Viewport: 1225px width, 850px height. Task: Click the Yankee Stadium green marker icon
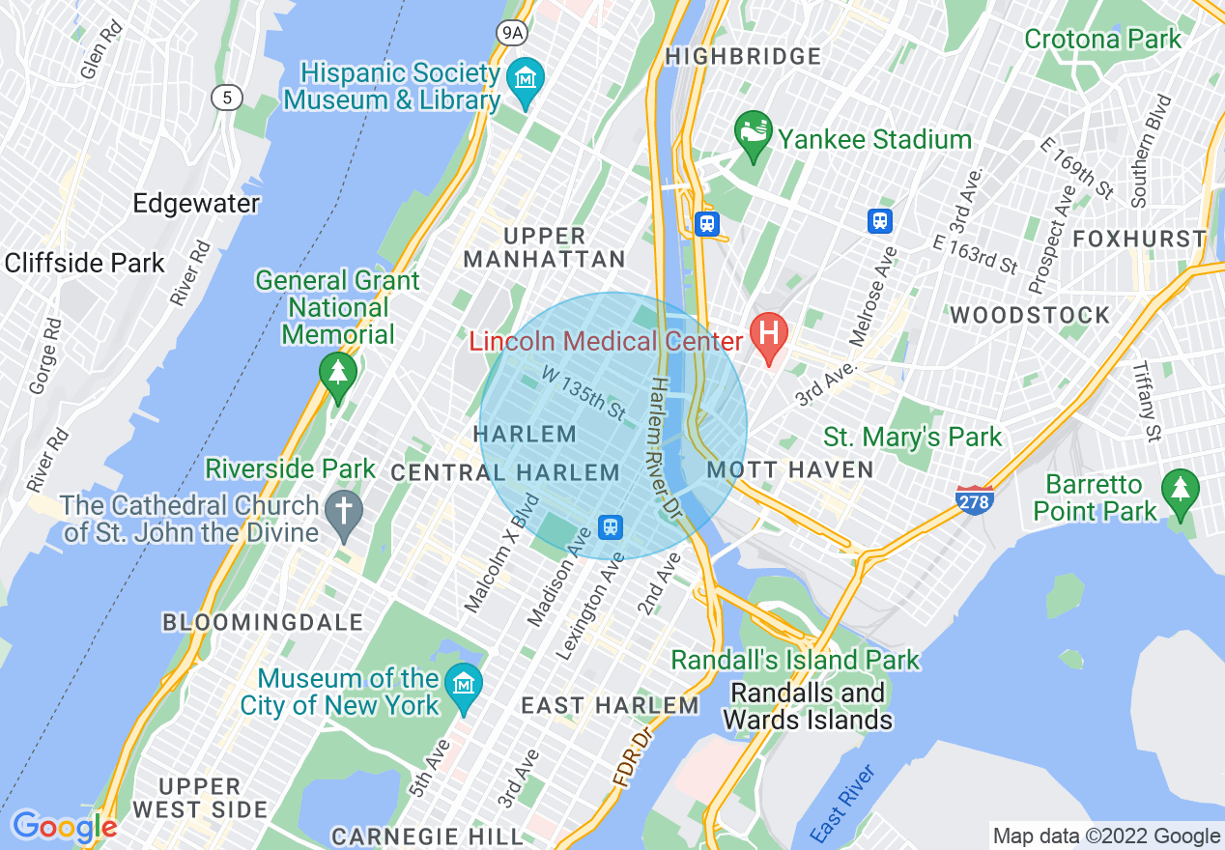point(753,132)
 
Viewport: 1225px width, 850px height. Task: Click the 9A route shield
point(512,33)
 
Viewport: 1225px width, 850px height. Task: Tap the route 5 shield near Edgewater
point(227,97)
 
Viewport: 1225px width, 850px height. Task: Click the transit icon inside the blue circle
point(611,527)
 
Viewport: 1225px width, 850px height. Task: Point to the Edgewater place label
point(196,204)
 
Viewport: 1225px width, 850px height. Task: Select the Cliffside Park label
point(85,263)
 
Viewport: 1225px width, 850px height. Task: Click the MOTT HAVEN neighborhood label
point(790,470)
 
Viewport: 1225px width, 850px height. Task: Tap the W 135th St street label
point(584,392)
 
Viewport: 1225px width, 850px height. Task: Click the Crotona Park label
point(1102,40)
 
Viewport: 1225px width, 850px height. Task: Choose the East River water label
point(842,803)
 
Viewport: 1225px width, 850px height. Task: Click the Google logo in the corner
point(64,827)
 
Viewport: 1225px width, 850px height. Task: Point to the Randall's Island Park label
point(795,661)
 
